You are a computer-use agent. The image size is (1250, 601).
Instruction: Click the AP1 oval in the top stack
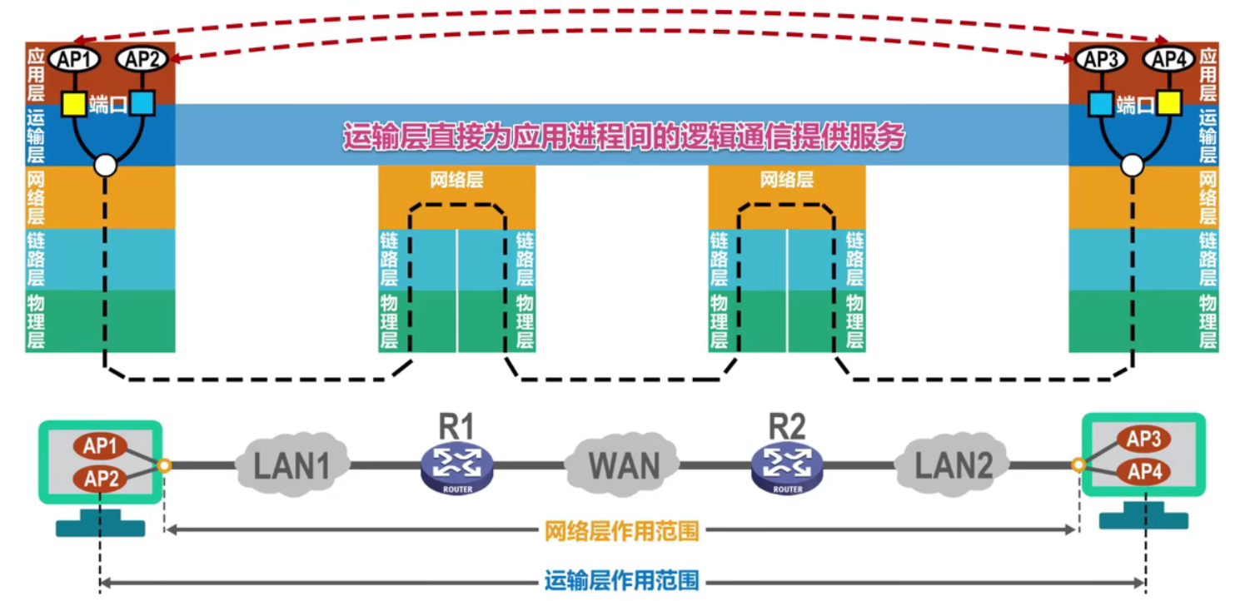point(75,59)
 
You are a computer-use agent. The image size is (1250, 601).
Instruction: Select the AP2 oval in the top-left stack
point(142,59)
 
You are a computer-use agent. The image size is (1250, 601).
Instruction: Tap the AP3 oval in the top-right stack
point(1101,59)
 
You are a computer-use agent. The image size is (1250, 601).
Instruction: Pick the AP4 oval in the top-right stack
point(1168,59)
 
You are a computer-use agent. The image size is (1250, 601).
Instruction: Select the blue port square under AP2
point(142,104)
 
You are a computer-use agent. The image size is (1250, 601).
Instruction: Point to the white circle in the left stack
point(105,166)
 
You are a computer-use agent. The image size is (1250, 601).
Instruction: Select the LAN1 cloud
point(292,464)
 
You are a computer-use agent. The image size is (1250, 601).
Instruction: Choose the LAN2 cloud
point(954,464)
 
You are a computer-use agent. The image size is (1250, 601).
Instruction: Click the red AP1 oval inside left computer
point(100,446)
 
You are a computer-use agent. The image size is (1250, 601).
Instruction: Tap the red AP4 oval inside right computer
point(1143,473)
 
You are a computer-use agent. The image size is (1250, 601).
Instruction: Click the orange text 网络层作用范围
point(621,531)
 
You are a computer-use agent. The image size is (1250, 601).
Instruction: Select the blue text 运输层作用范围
point(621,581)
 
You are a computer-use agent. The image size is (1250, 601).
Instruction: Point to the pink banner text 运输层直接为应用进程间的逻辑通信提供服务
point(623,137)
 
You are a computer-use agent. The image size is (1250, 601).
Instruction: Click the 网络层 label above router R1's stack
point(456,180)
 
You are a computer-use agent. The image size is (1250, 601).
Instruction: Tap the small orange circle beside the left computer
point(164,464)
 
